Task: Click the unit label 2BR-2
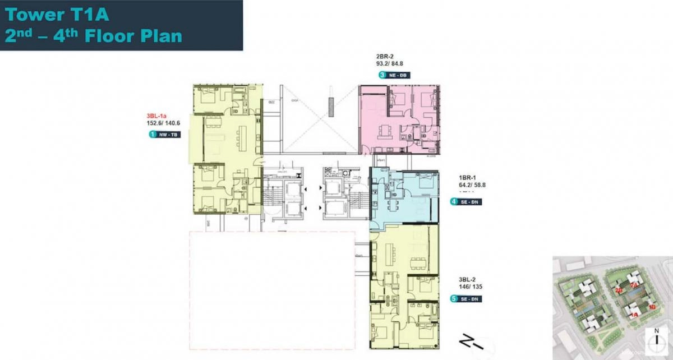[384, 57]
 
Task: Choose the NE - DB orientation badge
[397, 75]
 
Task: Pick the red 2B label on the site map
[619, 290]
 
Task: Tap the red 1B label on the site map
[652, 307]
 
